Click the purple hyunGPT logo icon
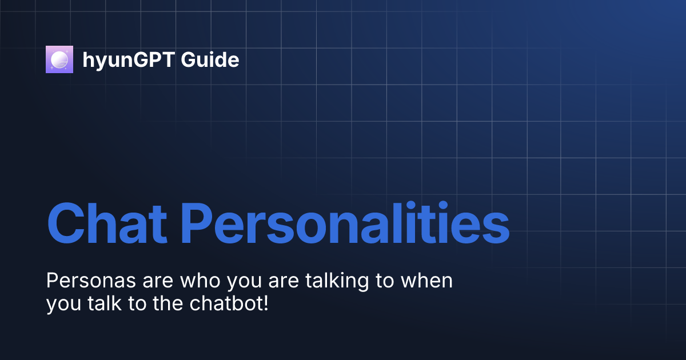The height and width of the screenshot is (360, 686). tap(59, 59)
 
